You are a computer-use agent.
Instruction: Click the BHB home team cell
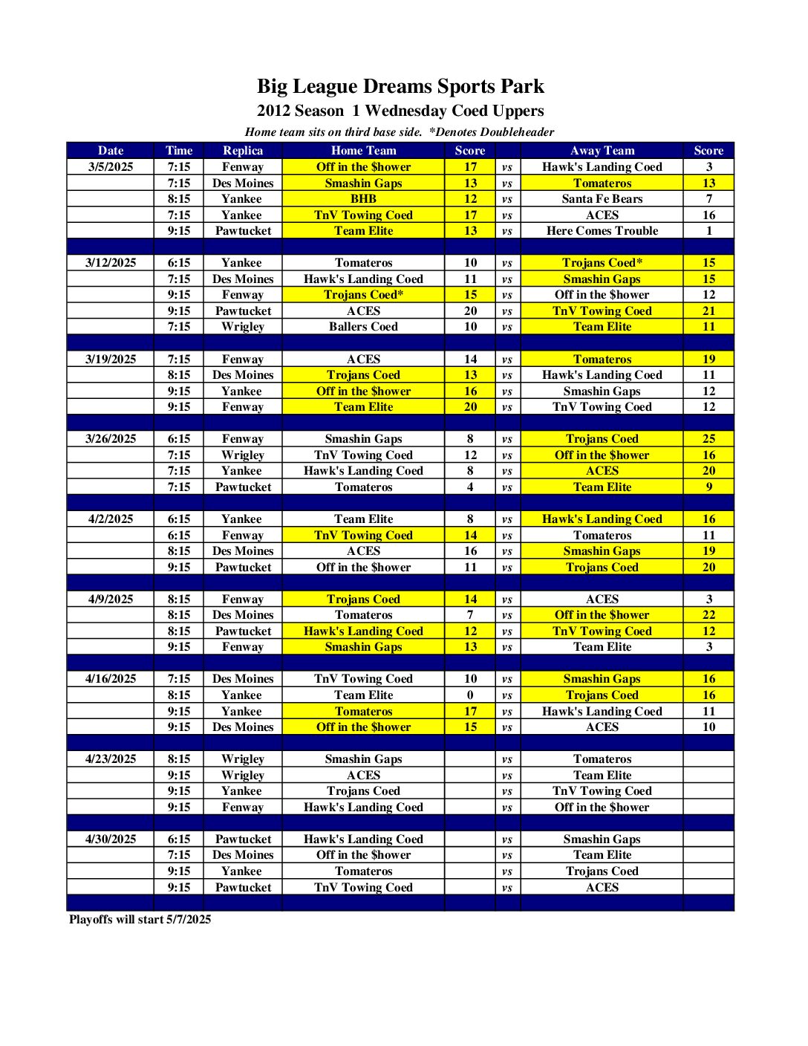pos(363,199)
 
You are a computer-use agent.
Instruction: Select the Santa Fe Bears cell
pos(602,199)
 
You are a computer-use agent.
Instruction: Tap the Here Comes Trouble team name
pos(602,231)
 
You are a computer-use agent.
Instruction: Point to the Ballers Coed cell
pos(363,327)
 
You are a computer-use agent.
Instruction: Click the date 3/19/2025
pos(111,360)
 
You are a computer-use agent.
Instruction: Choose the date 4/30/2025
pos(111,839)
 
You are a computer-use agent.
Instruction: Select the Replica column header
pos(243,151)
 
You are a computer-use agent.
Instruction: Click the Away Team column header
pos(602,151)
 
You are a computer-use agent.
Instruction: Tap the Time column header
pos(179,151)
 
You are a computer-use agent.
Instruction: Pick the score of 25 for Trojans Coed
pos(708,439)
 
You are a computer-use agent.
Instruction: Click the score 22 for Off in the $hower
pos(708,615)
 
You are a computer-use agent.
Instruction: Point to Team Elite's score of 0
pos(470,695)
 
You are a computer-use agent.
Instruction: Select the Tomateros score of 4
pos(470,487)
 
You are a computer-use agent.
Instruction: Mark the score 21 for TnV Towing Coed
pos(708,311)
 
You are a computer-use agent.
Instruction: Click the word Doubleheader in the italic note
pos(517,132)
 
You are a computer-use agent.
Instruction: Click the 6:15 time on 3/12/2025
pos(179,263)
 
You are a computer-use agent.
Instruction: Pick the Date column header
pos(111,151)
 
